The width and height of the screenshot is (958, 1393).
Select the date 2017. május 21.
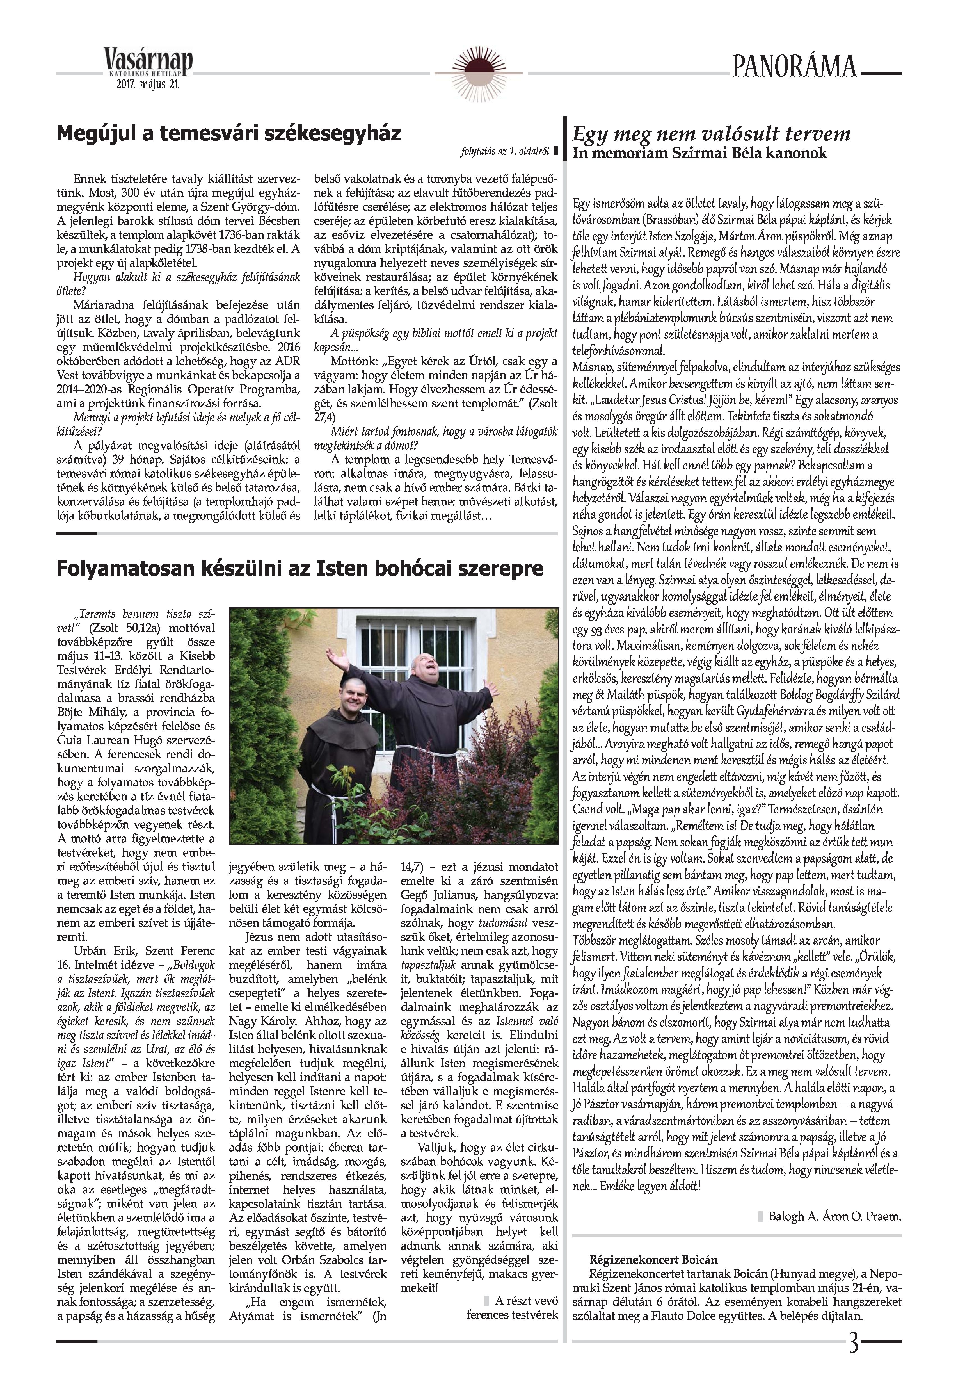tap(148, 85)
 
